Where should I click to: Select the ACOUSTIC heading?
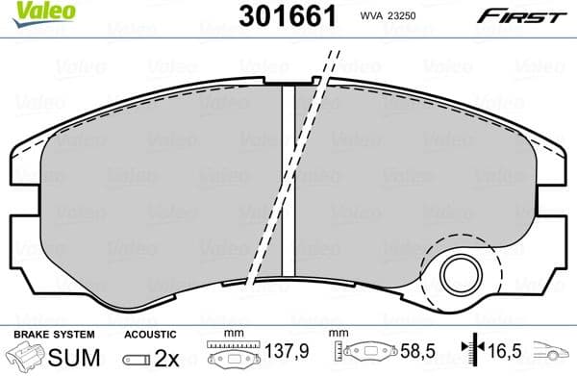pos(150,334)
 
